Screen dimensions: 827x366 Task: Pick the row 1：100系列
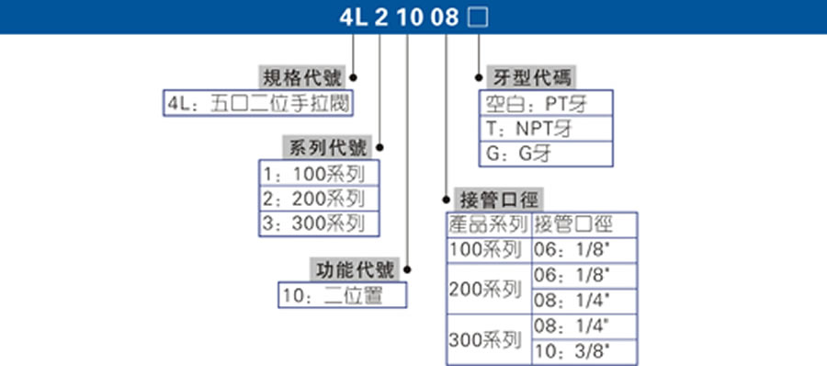[318, 173]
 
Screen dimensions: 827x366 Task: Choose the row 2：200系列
[318, 198]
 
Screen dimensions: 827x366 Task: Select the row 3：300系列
[318, 223]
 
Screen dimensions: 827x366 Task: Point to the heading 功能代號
[355, 270]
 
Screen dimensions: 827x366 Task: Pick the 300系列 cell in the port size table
[485, 339]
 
